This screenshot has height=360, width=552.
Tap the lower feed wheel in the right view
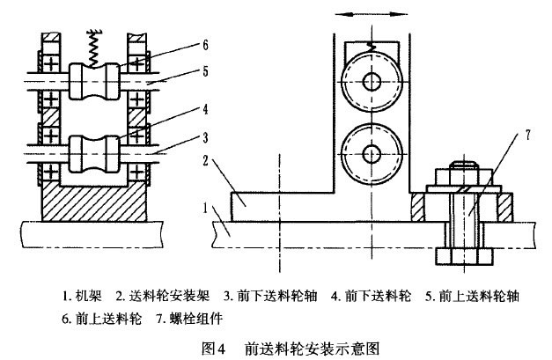pyautogui.click(x=373, y=147)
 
